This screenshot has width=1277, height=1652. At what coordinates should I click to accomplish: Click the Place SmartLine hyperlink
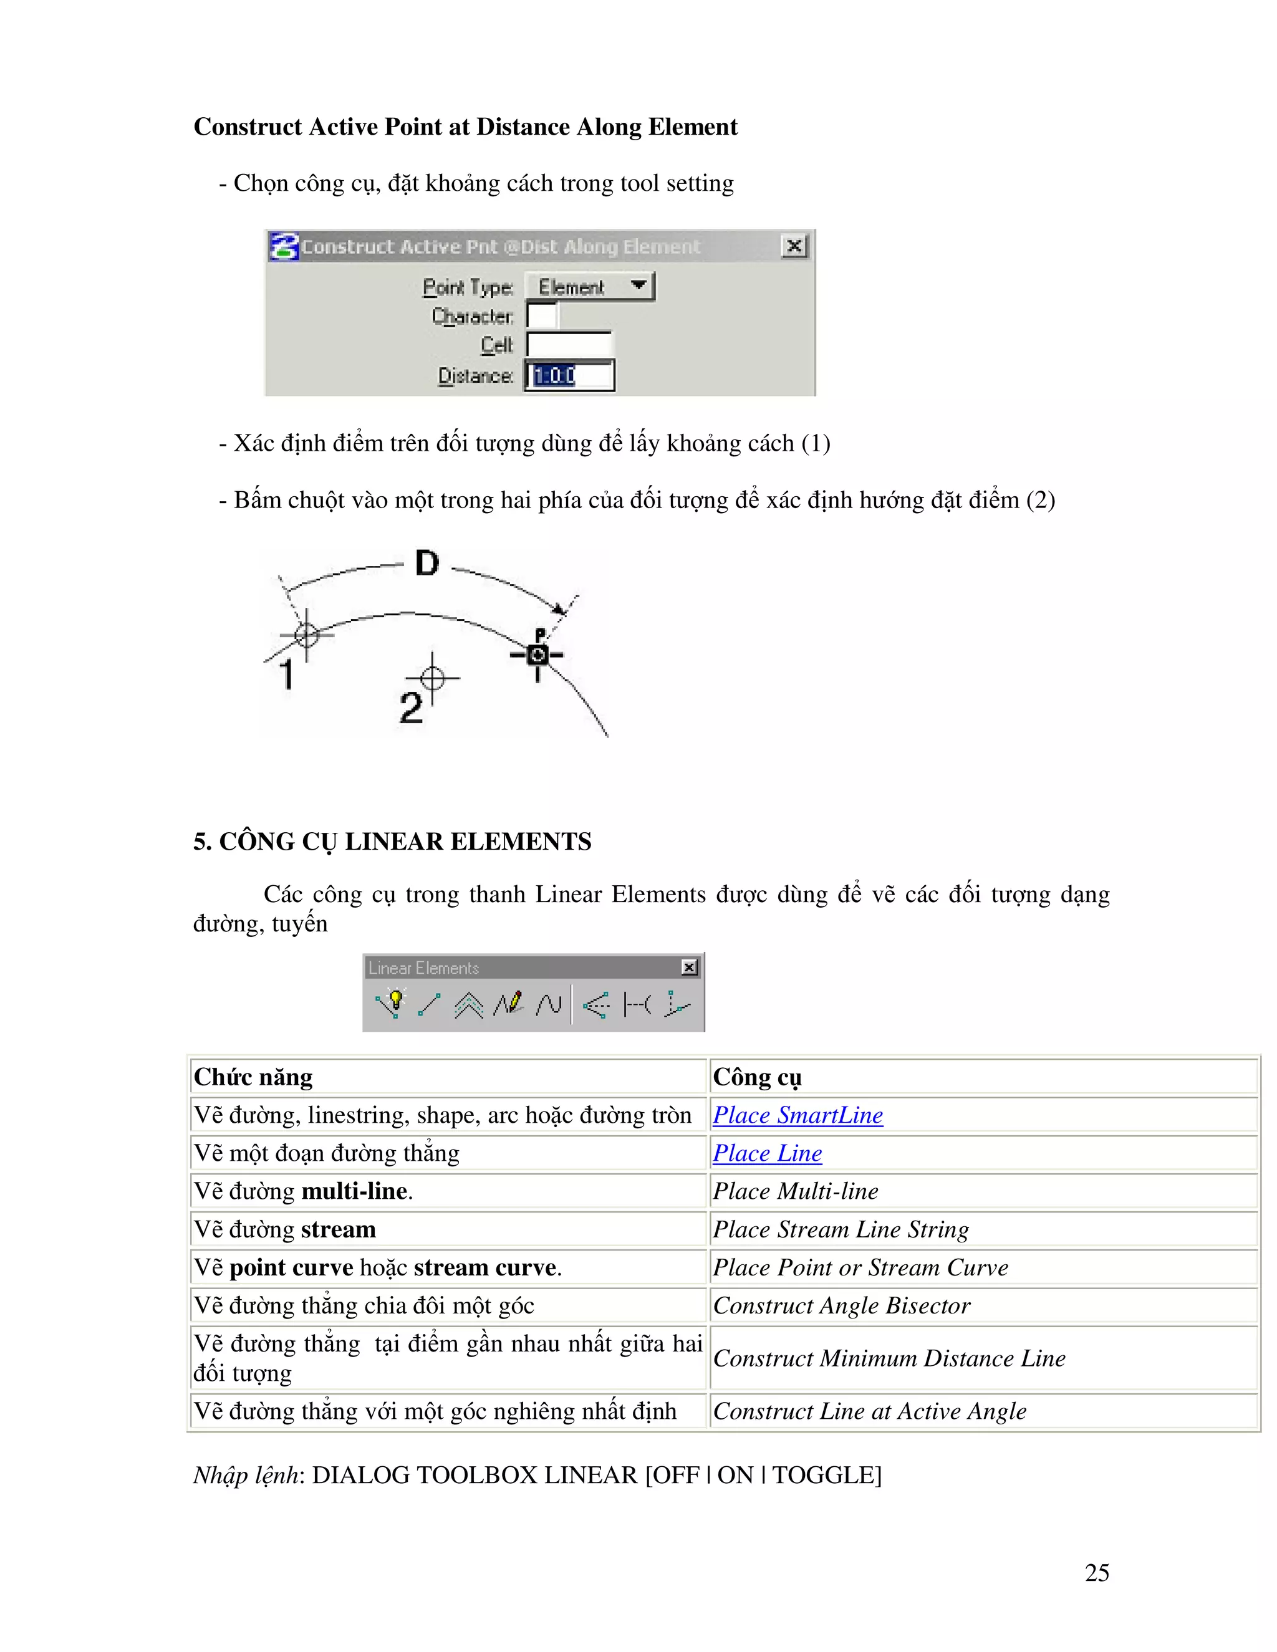click(798, 1115)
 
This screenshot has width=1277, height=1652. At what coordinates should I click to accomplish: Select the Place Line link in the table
click(767, 1153)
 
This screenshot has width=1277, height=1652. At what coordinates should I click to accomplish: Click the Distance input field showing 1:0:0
click(570, 376)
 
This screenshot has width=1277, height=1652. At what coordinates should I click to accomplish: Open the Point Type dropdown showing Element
click(589, 287)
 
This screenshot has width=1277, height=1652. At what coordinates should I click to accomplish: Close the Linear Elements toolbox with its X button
click(689, 968)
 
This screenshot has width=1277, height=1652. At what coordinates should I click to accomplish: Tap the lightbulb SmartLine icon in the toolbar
click(392, 1004)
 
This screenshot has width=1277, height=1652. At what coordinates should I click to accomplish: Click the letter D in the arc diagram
click(426, 563)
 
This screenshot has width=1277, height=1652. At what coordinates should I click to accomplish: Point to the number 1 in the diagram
click(287, 673)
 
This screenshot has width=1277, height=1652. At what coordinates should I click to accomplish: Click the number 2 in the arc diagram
click(411, 708)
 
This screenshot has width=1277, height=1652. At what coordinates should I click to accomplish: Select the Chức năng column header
click(253, 1077)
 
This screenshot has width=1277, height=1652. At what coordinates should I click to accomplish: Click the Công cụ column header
click(756, 1077)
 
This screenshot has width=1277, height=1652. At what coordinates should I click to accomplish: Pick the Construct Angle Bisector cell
click(841, 1305)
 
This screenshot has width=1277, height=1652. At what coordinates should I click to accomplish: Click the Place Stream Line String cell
click(841, 1229)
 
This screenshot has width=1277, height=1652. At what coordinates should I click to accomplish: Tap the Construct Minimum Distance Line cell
click(889, 1358)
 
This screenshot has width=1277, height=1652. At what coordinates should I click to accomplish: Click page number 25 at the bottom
click(1096, 1573)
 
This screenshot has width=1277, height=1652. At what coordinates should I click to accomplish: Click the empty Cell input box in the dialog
click(569, 345)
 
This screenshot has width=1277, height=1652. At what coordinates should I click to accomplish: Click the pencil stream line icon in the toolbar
click(509, 1004)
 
